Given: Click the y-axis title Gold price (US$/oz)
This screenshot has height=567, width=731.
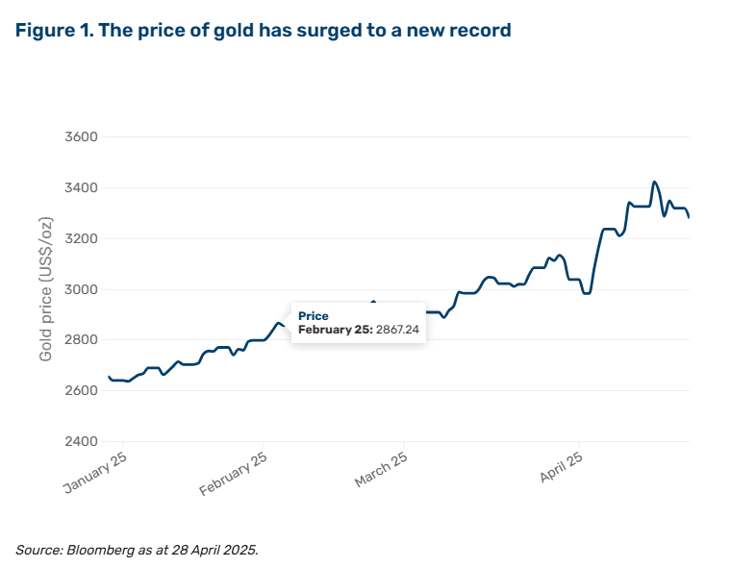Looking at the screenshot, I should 46,289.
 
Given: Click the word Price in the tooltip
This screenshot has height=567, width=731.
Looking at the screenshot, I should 313,316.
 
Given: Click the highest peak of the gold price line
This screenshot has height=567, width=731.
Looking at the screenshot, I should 654,182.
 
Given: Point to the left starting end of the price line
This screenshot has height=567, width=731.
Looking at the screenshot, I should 109,377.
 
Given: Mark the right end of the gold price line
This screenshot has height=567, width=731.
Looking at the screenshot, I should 689,217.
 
